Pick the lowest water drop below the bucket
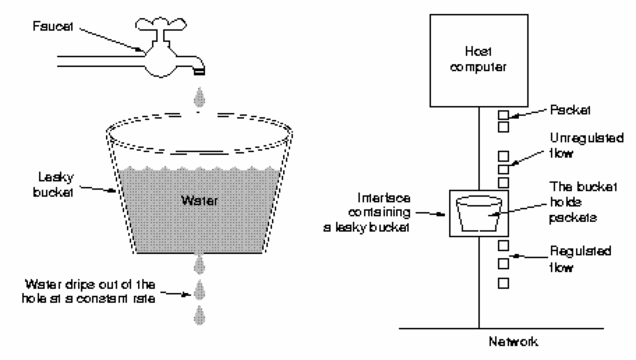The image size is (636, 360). [x=199, y=315]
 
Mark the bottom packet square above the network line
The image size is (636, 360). [x=503, y=284]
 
